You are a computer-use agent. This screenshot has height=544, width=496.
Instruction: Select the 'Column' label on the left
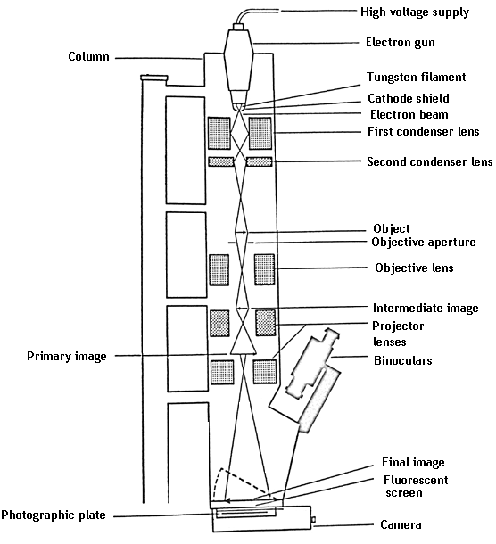tap(88, 57)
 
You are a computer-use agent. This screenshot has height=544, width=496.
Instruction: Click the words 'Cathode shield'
tap(409, 98)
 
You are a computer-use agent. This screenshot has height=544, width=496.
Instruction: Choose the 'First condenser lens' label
tap(424, 132)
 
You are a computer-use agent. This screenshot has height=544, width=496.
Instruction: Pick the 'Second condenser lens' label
tap(429, 162)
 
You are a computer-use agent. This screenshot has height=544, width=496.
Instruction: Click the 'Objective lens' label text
tap(414, 268)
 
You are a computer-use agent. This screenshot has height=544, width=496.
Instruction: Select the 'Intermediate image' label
tap(424, 309)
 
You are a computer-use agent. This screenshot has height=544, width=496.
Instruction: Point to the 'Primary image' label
tap(67, 357)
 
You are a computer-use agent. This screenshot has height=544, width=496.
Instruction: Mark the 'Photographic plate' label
tap(55, 515)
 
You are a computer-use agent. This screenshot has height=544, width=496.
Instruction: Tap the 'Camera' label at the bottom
tap(401, 525)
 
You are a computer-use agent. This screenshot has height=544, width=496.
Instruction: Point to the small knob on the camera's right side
tap(315, 518)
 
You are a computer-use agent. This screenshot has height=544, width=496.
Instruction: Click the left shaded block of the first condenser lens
tap(217, 134)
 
